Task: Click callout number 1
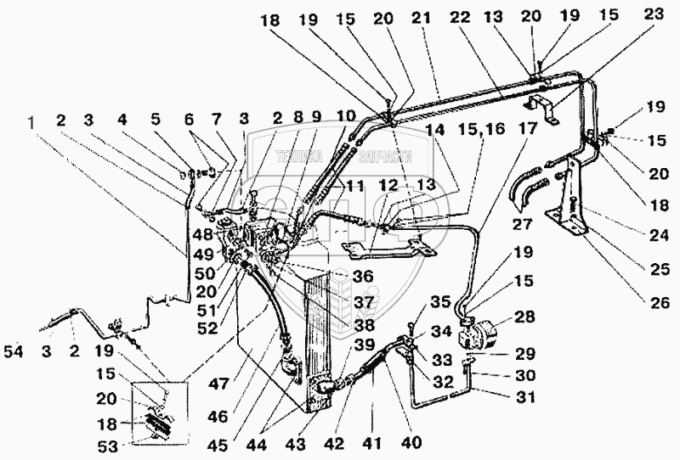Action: pos(31,123)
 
